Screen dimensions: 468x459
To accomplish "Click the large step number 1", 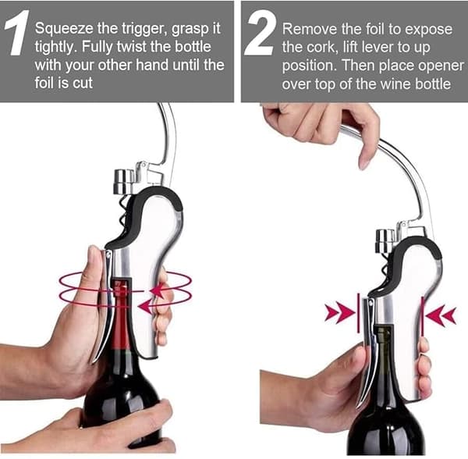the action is coord(17,33).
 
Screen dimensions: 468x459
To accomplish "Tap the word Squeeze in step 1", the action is coord(64,29).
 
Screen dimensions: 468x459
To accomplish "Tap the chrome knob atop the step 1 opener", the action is coord(124,181).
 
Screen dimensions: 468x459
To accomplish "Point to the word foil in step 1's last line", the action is coord(45,83).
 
